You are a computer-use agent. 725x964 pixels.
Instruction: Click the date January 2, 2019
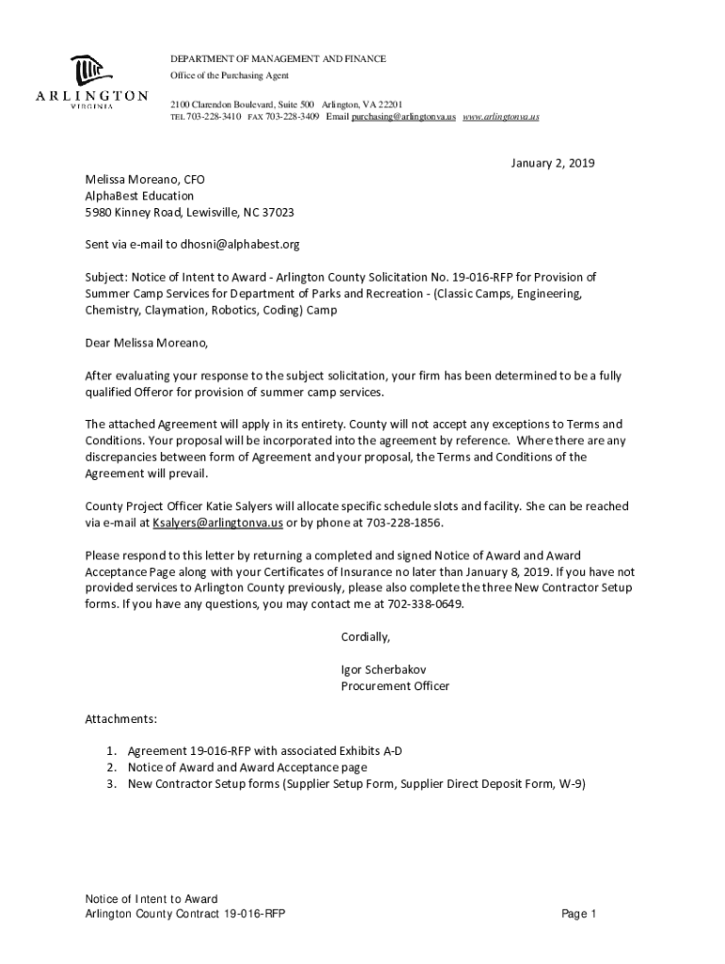coord(553,163)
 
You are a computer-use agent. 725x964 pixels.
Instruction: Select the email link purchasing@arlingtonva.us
coord(404,117)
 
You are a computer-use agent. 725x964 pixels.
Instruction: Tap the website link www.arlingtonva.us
coord(501,117)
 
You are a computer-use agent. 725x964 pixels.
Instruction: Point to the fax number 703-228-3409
coord(292,117)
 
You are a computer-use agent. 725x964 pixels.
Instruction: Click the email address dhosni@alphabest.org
coord(240,245)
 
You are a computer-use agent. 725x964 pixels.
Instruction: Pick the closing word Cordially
coord(365,637)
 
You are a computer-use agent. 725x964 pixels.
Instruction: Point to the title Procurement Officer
coord(395,686)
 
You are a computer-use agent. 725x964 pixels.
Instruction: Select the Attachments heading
coord(121,719)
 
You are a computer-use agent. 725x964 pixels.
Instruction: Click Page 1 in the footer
coord(579,914)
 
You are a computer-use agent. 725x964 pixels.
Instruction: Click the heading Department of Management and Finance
coord(278,59)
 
